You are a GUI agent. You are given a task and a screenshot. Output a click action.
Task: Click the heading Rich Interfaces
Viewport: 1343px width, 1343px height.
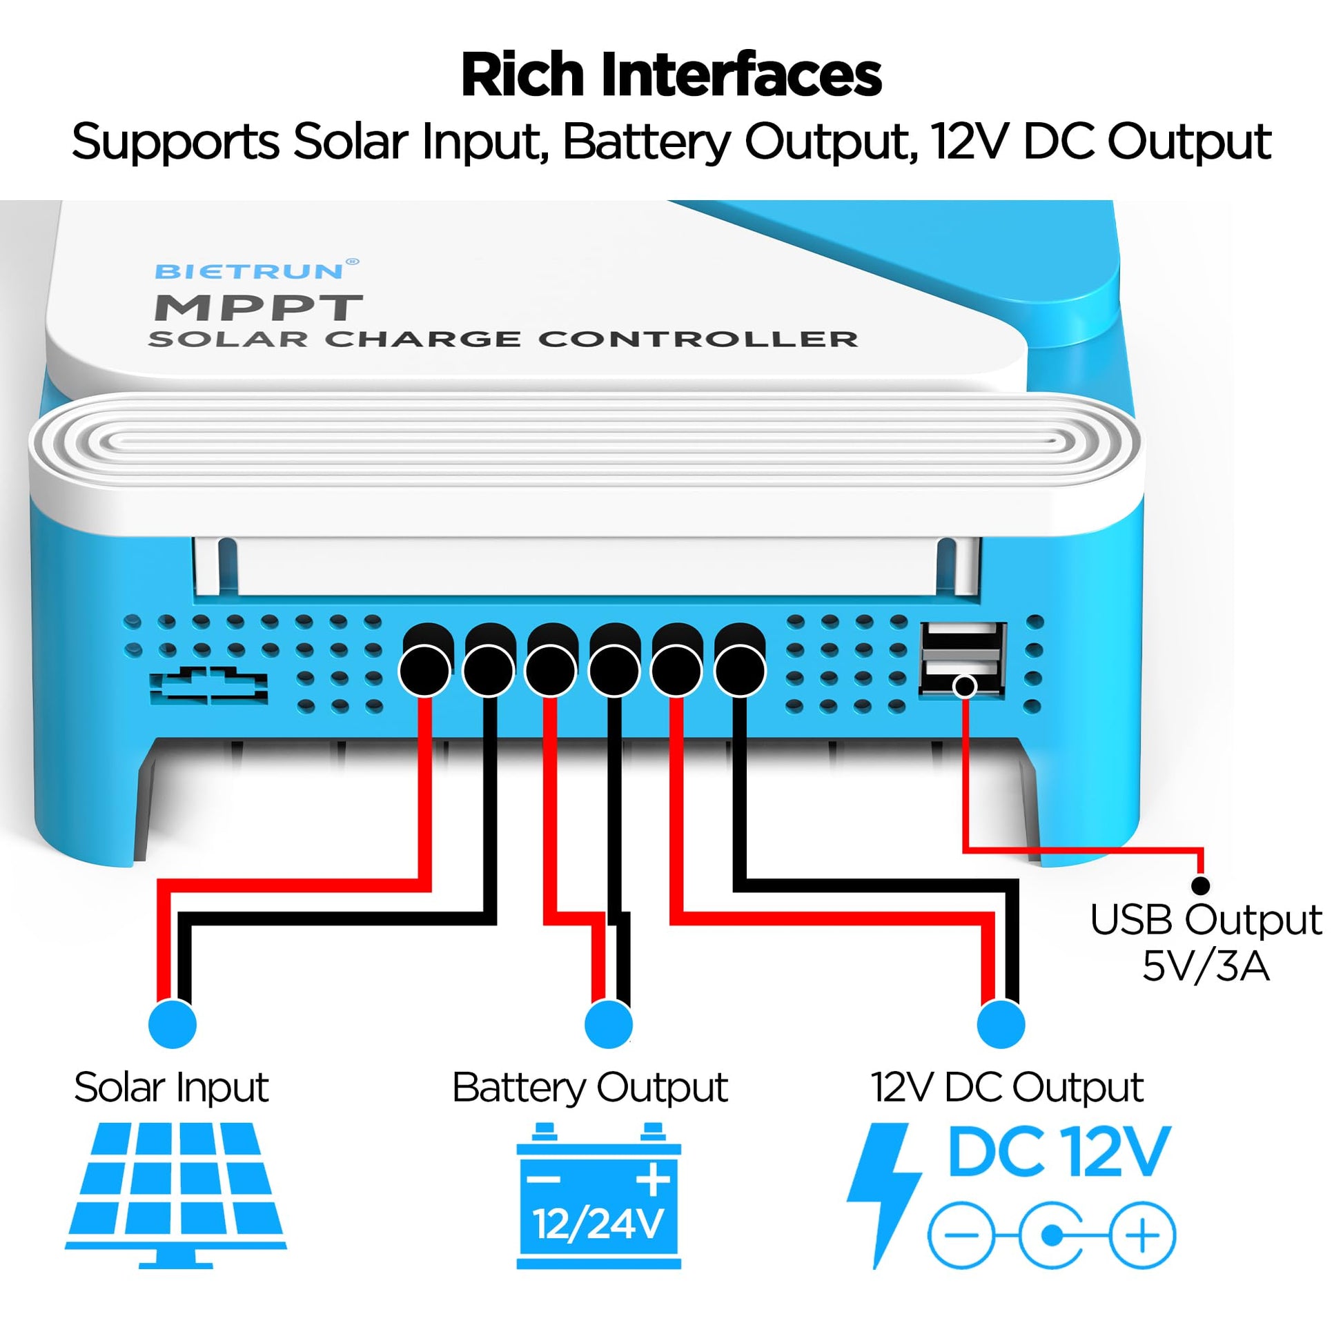tap(671, 75)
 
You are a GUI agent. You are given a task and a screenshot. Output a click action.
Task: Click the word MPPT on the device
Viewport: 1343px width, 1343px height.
tap(258, 308)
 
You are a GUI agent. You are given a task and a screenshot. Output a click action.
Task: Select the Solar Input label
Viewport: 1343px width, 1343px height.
tap(171, 1088)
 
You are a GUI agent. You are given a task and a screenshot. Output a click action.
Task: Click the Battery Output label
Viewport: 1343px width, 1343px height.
tap(589, 1088)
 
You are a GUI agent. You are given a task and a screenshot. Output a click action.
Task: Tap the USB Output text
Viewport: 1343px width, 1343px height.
tap(1206, 921)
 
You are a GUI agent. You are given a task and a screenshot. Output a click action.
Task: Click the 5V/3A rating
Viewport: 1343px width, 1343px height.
tap(1206, 967)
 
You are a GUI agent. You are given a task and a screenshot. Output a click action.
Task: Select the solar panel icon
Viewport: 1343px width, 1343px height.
tap(176, 1195)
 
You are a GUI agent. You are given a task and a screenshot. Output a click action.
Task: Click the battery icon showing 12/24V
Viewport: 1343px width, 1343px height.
tap(598, 1195)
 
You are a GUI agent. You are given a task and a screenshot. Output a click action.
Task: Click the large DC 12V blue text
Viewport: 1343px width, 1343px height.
tap(1059, 1153)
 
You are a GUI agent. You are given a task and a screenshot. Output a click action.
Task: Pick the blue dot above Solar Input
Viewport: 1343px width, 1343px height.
tap(173, 1024)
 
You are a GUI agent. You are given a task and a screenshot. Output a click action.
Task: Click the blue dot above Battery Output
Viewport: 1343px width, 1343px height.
tap(609, 1024)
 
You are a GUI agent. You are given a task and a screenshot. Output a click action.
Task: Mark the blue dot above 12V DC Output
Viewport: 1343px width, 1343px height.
tap(1001, 1024)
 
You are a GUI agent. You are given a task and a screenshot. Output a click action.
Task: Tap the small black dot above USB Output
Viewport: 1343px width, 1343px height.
tap(1201, 885)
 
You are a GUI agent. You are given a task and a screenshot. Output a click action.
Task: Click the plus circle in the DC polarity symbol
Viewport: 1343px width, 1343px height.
tap(1142, 1235)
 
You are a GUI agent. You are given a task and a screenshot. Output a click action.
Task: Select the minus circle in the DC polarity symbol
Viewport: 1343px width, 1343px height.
tap(961, 1235)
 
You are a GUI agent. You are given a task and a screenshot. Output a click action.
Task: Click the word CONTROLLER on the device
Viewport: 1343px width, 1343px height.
tap(698, 340)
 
